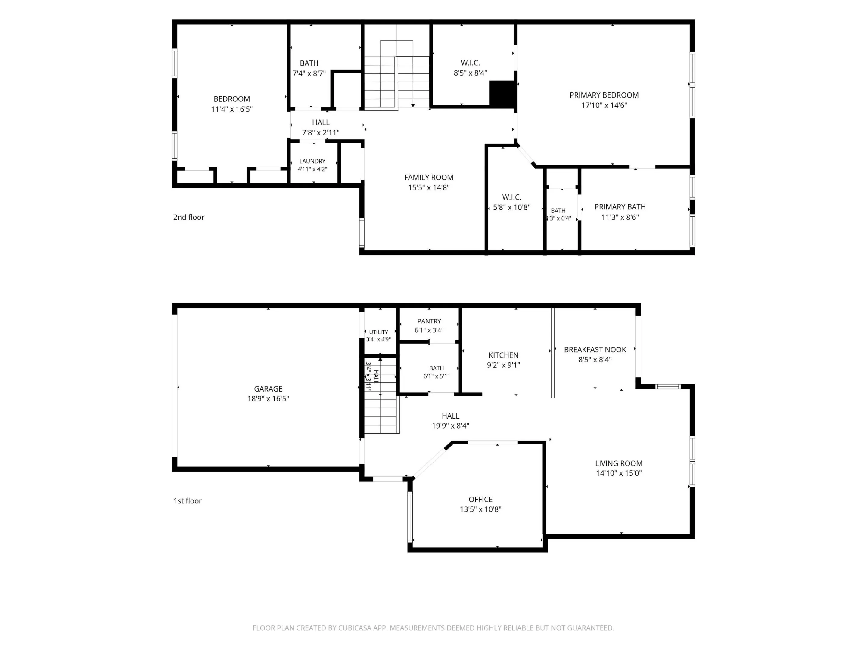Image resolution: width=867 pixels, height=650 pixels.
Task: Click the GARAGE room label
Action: coord(268,389)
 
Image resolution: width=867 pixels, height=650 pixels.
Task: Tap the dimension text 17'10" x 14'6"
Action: coord(604,105)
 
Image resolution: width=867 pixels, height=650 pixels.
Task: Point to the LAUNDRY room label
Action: coord(312,161)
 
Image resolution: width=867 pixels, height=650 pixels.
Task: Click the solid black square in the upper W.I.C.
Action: coord(502,94)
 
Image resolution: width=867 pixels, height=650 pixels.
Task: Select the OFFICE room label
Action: coord(480,499)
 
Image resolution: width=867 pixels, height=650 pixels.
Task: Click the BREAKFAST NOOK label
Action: coord(595,349)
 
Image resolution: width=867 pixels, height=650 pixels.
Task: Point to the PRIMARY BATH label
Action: coord(620,207)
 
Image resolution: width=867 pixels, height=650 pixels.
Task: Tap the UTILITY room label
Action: coord(379,332)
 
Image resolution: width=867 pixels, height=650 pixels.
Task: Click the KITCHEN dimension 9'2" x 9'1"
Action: coord(504,365)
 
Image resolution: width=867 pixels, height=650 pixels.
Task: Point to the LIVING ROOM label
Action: coord(619,463)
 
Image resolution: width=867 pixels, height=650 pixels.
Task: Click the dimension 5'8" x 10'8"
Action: coord(511,207)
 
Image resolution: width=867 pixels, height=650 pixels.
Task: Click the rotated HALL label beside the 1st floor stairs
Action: coord(376,376)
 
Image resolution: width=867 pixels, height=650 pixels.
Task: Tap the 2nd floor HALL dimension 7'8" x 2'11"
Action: coord(321,132)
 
